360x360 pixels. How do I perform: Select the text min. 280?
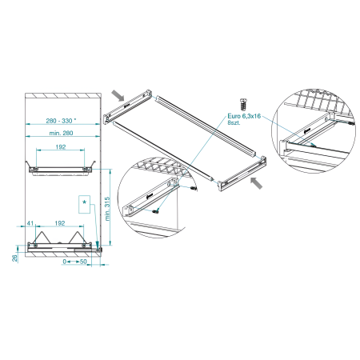click(61, 133)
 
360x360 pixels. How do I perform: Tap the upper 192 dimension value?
click(61, 146)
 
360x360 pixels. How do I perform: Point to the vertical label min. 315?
click(107, 209)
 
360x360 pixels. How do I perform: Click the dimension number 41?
click(30, 223)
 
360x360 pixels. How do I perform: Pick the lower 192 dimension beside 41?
click(60, 223)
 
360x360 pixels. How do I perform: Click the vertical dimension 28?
click(14, 258)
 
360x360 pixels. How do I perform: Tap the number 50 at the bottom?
click(83, 262)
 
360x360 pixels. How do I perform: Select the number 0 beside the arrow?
click(64, 262)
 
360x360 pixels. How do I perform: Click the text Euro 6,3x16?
click(244, 116)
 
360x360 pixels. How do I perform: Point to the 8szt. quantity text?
click(234, 122)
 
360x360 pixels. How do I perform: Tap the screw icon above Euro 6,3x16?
click(243, 104)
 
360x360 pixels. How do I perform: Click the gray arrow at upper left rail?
click(118, 95)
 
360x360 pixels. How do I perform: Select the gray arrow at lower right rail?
click(256, 183)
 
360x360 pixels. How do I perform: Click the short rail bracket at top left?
click(127, 106)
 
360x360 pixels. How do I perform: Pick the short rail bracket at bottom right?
click(242, 174)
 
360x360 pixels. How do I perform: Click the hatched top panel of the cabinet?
click(63, 95)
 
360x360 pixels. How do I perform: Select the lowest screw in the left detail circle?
click(155, 211)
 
